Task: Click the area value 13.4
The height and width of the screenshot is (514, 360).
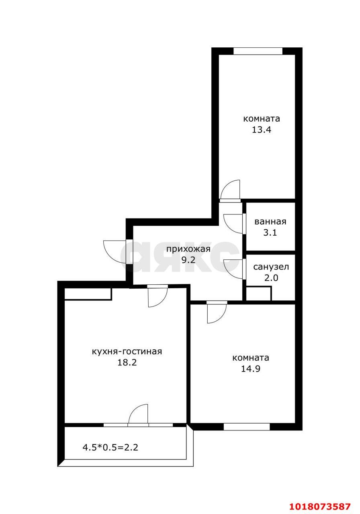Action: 262,130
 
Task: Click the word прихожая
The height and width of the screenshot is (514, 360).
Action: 188,249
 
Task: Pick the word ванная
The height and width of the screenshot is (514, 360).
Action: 270,222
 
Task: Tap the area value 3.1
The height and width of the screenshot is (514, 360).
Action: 270,233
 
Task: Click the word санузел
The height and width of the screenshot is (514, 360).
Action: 271,267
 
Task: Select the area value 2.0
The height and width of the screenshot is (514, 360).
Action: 271,278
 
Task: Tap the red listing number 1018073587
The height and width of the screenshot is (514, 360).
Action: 320,506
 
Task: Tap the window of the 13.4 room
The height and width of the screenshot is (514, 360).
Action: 258,51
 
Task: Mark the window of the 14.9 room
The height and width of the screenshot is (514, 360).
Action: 247,427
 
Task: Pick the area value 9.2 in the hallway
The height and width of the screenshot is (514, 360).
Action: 188,260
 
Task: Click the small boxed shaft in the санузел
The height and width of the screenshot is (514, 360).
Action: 258,293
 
